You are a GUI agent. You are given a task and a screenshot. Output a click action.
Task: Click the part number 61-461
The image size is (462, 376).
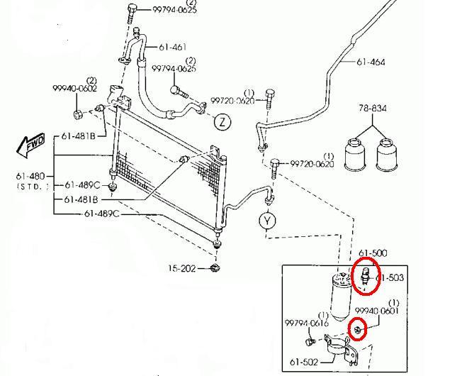[171, 48]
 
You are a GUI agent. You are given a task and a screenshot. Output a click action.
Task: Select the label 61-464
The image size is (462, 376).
[371, 62]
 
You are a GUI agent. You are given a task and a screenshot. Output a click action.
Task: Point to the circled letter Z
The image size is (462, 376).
[222, 121]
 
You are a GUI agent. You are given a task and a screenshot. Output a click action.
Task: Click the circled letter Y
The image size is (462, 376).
[267, 221]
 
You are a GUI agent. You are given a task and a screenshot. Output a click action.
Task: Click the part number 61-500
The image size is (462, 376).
[373, 253]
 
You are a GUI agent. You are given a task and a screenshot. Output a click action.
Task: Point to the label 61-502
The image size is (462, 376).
[304, 363]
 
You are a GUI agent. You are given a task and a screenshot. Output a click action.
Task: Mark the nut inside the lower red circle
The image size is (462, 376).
[359, 328]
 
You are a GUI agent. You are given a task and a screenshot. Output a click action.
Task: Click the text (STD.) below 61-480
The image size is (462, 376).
[33, 186]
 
